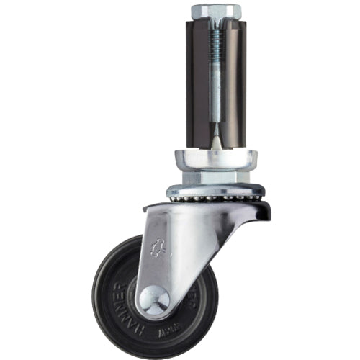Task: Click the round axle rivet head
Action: pos(153,300)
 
